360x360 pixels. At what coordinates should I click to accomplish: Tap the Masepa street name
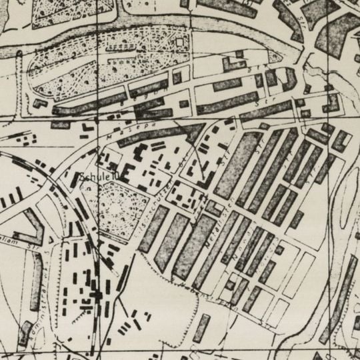(x=120, y=134)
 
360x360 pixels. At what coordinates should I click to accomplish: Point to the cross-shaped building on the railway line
(x=98, y=293)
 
